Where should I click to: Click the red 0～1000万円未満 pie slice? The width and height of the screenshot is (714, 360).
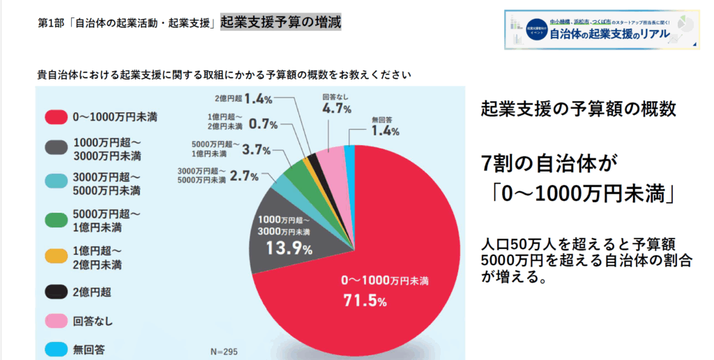pyautogui.click(x=390, y=279)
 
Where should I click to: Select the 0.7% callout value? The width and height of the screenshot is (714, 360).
pyautogui.click(x=264, y=124)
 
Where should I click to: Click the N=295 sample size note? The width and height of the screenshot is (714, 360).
pyautogui.click(x=224, y=351)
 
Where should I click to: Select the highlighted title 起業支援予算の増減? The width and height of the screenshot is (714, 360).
pyautogui.click(x=280, y=22)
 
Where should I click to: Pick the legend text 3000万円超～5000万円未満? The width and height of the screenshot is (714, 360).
pyautogui.click(x=107, y=183)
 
